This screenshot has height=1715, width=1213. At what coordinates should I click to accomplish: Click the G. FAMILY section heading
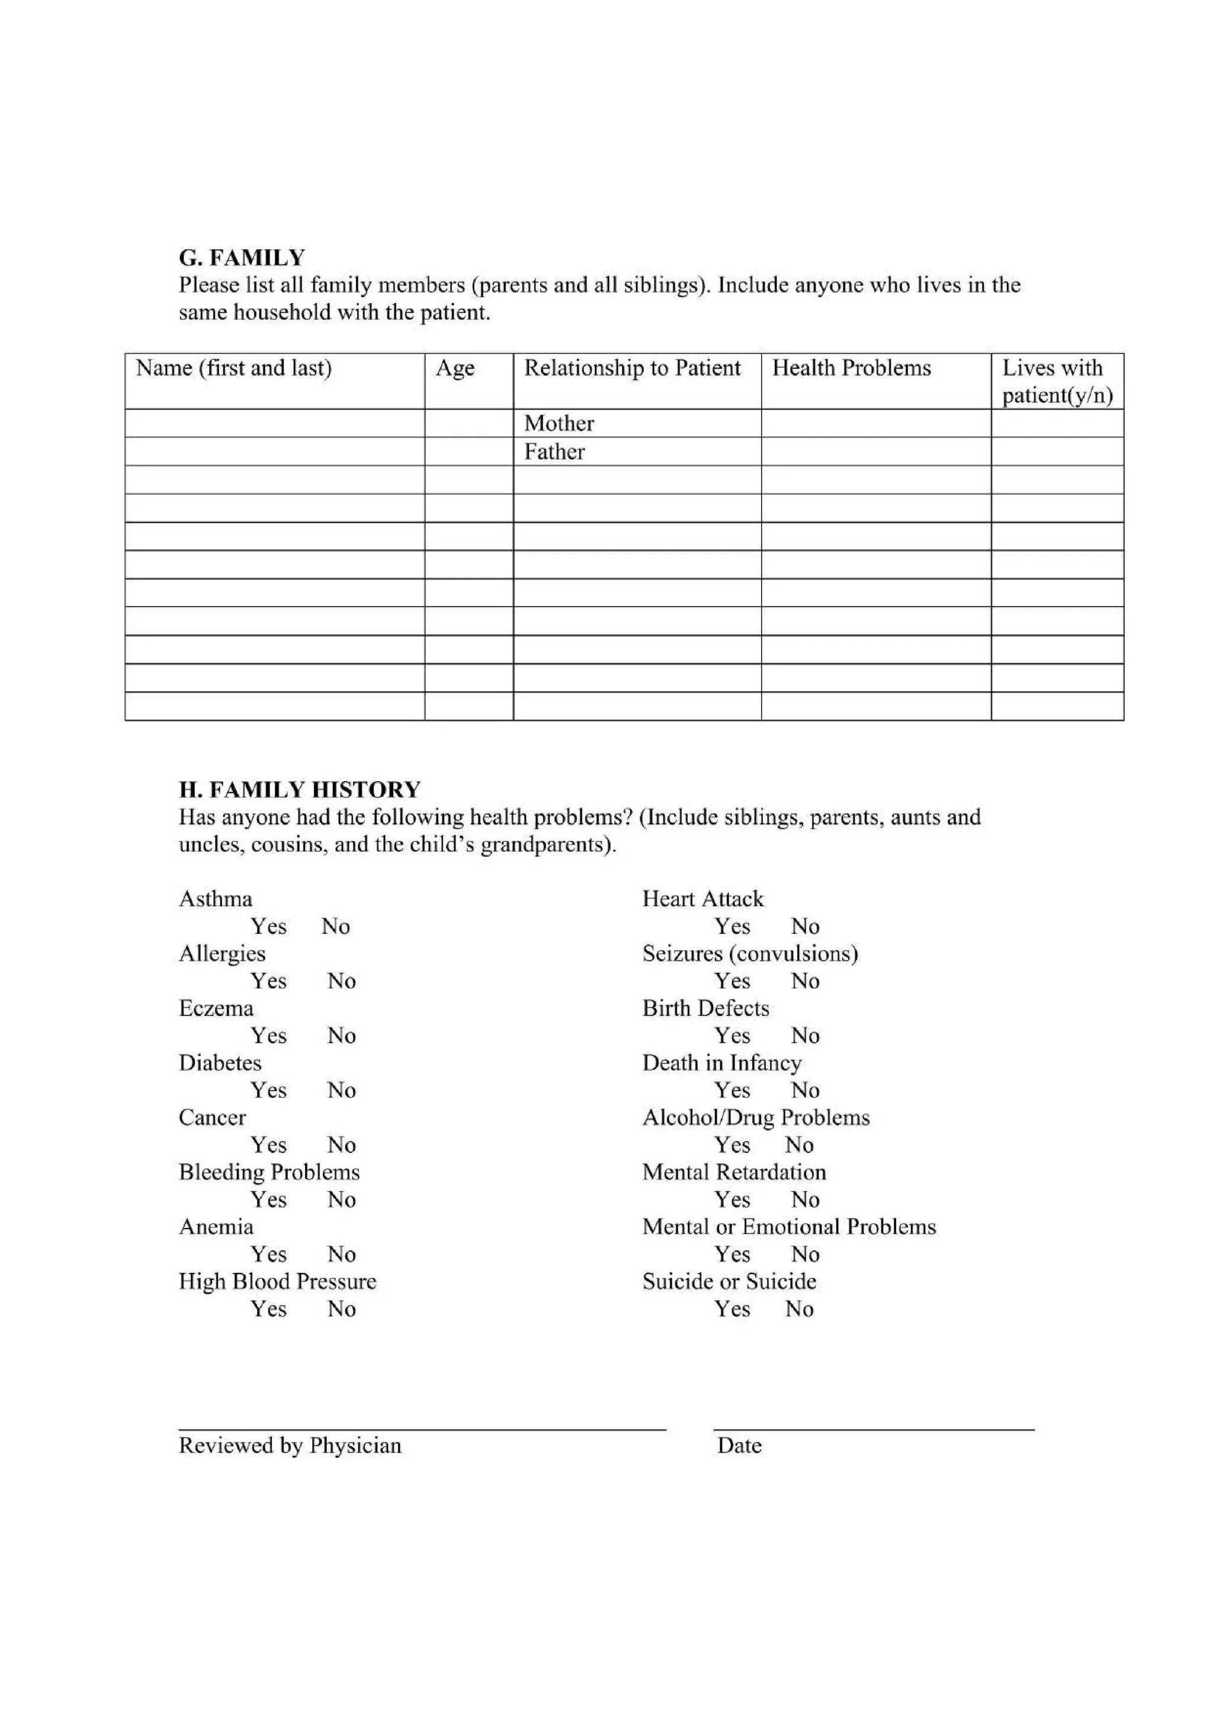(242, 257)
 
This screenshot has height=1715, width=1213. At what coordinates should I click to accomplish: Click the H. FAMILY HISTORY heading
(299, 789)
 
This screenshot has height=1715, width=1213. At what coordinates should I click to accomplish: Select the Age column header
(454, 368)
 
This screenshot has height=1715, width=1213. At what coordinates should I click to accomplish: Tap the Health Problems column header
(851, 368)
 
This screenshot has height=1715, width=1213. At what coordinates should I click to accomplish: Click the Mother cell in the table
(559, 424)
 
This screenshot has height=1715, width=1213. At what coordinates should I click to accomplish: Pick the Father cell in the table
(554, 452)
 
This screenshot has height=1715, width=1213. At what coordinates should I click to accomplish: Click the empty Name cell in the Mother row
(274, 424)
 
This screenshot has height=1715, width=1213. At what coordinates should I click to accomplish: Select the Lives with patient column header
(1056, 381)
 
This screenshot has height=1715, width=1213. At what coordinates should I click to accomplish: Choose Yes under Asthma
(268, 926)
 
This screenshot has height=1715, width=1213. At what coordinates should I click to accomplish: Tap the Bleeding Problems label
(269, 1172)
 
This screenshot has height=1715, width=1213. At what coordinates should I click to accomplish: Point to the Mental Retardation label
(734, 1172)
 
